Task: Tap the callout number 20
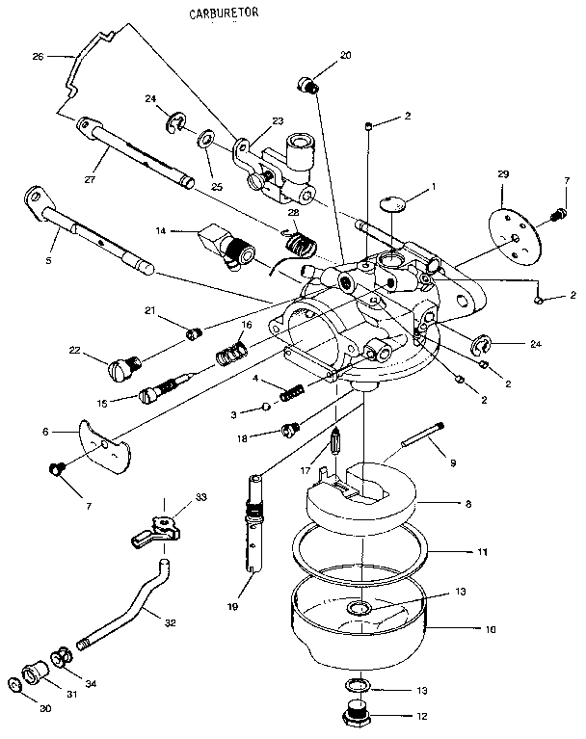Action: click(x=345, y=56)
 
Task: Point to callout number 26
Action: click(x=38, y=57)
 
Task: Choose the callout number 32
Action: click(x=170, y=622)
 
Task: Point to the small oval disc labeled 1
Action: click(x=390, y=201)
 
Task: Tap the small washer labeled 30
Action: click(x=14, y=685)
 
